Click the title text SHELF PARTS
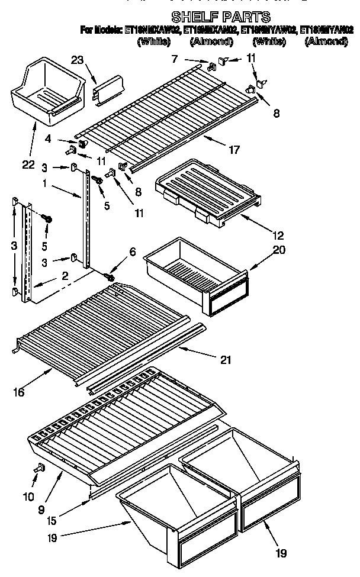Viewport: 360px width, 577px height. point(220,17)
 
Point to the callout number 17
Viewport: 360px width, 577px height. point(234,150)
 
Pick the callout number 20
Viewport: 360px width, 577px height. point(279,250)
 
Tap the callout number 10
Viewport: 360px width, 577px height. point(28,498)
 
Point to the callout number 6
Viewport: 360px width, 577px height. point(132,252)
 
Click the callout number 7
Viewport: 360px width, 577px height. point(174,58)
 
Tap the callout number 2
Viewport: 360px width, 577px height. point(64,275)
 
